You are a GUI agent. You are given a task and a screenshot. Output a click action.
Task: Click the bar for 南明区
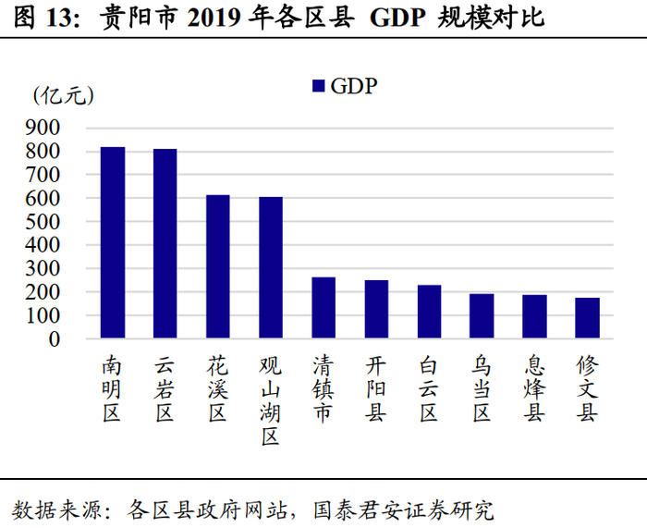(113, 243)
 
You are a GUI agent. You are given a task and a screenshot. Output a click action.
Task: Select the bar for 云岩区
(165, 244)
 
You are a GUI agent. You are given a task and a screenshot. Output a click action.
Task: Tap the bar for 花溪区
(218, 267)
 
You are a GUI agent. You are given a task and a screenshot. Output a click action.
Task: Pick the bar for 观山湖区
(271, 268)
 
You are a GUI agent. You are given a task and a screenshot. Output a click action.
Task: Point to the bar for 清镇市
(323, 308)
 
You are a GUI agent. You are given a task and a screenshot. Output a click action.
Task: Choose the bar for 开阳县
(376, 310)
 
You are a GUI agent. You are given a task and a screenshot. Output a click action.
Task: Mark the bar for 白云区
(429, 312)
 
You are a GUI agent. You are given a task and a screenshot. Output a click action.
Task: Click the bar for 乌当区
(482, 316)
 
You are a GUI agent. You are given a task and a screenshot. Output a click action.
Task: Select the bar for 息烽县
(534, 317)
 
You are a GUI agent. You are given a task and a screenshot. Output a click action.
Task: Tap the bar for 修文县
(587, 318)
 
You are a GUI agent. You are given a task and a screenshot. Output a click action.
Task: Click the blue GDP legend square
(318, 86)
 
